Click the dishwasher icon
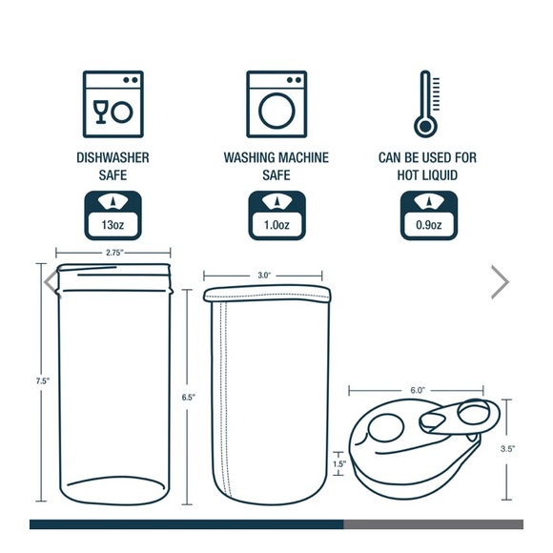[x=113, y=104]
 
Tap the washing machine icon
[x=276, y=104]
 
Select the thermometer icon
[x=427, y=104]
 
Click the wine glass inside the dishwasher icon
[x=100, y=112]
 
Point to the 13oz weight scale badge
[x=113, y=215]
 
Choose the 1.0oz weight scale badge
[x=276, y=215]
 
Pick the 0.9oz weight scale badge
[x=429, y=215]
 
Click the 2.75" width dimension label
[x=114, y=253]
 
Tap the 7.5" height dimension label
[x=42, y=380]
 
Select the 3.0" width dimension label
[x=264, y=276]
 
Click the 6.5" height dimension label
[x=189, y=398]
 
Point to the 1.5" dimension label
[x=339, y=463]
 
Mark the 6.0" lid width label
[x=418, y=390]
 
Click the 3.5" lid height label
[x=507, y=449]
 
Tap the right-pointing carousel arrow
[x=501, y=282]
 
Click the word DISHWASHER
[x=113, y=157]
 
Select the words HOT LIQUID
[x=427, y=174]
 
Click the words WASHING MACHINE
[x=276, y=157]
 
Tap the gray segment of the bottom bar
[x=434, y=524]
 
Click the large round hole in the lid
[x=385, y=427]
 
